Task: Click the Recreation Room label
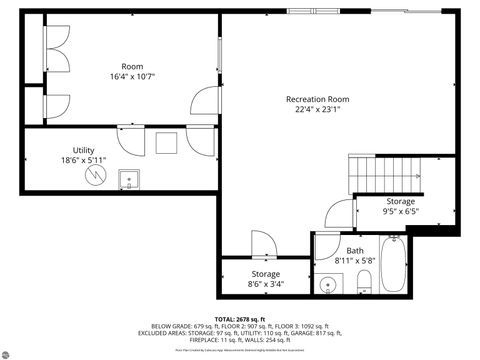(317, 99)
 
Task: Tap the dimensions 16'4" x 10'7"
(132, 76)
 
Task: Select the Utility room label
(83, 150)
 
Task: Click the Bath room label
(355, 251)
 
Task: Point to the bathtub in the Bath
(392, 265)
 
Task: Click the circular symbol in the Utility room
(96, 175)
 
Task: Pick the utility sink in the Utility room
(128, 180)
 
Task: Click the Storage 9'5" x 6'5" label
(400, 206)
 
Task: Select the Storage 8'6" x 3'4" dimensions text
(265, 284)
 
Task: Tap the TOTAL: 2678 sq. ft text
(240, 318)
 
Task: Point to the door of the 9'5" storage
(340, 212)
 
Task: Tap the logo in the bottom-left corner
(8, 351)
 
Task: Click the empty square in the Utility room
(166, 144)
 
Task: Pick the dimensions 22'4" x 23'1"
(317, 111)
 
